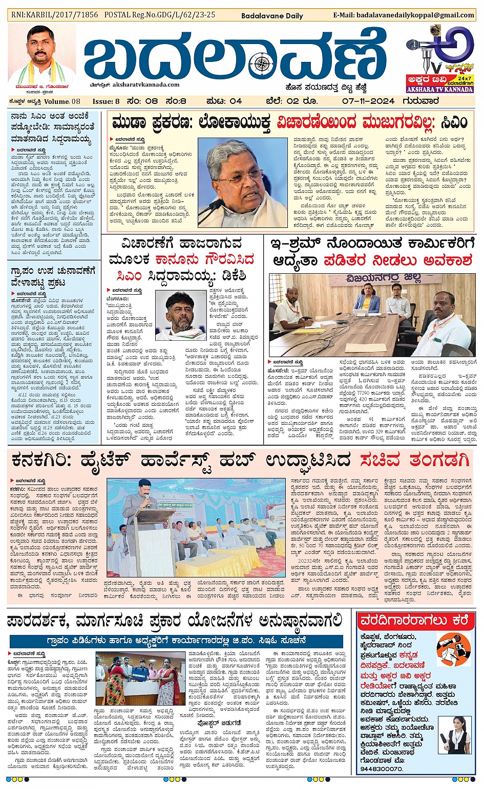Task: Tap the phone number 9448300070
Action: click(x=381, y=769)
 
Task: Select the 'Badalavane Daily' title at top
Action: click(x=272, y=16)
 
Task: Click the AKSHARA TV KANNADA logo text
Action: click(x=440, y=90)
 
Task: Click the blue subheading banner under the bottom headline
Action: click(x=176, y=640)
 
